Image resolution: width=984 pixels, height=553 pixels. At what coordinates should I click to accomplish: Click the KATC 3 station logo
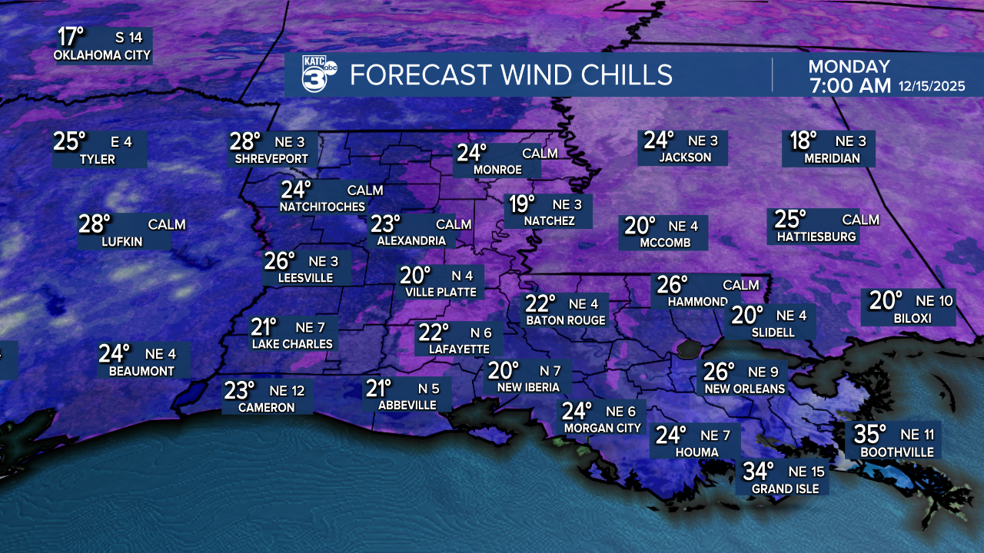click(x=317, y=75)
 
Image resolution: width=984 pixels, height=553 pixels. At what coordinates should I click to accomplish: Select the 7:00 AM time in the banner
click(x=849, y=86)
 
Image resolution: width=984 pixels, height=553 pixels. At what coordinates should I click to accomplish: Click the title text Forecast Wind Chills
click(x=511, y=75)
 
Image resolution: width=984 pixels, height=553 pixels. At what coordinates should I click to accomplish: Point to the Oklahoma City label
click(x=102, y=56)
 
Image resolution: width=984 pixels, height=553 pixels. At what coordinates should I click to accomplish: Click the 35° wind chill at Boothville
click(x=871, y=435)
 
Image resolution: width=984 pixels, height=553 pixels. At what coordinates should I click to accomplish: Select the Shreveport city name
click(x=272, y=159)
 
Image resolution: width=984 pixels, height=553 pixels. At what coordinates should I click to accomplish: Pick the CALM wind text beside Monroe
click(x=540, y=154)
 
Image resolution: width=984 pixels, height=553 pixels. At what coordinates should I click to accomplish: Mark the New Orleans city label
click(x=745, y=389)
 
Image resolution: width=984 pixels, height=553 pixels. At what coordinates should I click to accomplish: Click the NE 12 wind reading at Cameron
click(x=288, y=390)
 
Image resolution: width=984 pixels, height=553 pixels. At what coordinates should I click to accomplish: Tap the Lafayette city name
click(x=453, y=349)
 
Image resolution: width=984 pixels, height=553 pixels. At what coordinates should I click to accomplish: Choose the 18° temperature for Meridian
click(x=803, y=141)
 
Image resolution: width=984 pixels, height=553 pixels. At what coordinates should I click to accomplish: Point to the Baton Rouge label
click(x=566, y=320)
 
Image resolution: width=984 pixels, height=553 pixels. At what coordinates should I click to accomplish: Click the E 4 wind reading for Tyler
click(x=121, y=141)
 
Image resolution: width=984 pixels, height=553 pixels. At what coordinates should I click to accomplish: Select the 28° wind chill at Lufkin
click(x=95, y=224)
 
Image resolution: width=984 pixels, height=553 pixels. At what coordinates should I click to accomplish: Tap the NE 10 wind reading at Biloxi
click(x=934, y=300)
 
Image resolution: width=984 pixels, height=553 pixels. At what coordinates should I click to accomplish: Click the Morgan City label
click(x=603, y=428)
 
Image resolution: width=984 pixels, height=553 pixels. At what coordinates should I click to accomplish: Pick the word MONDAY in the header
click(x=849, y=67)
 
